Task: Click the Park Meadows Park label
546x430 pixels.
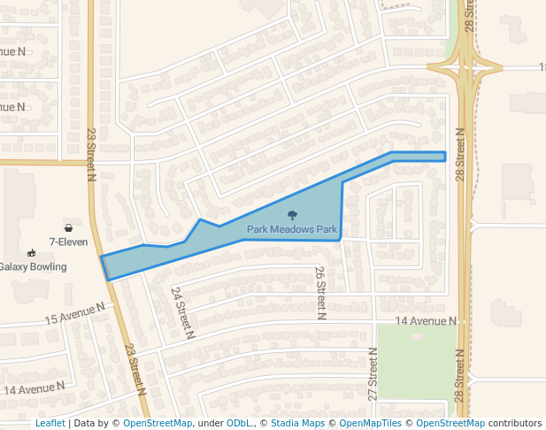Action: [292, 229]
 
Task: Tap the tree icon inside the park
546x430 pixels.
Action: [292, 215]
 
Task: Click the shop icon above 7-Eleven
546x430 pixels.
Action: [68, 228]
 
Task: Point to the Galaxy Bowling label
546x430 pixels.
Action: [33, 266]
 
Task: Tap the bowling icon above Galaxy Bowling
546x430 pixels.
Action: [32, 253]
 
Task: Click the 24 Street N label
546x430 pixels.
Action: [183, 312]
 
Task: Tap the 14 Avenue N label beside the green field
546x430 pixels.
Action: [426, 320]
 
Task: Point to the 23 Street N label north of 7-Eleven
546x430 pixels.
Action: [90, 155]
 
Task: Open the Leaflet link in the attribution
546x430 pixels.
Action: [50, 423]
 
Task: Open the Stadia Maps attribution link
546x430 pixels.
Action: [297, 423]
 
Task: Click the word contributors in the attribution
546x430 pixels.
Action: [513, 423]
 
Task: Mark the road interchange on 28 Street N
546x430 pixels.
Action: [464, 67]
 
